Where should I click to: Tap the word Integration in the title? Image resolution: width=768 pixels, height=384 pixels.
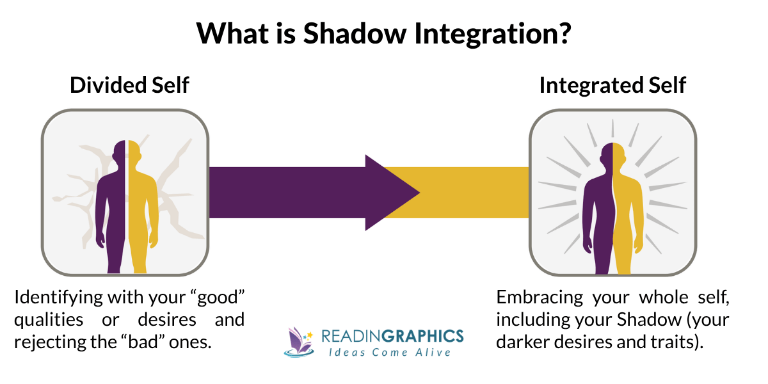(475, 33)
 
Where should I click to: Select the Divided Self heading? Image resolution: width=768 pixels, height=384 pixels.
(129, 85)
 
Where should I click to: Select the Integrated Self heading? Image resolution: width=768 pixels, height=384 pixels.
(612, 85)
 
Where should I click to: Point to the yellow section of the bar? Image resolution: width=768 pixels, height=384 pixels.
(474, 192)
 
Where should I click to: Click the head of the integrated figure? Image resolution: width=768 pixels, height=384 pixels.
(612, 154)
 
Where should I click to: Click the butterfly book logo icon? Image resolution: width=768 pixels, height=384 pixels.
(298, 341)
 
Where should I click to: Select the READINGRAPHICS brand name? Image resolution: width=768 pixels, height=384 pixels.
(392, 336)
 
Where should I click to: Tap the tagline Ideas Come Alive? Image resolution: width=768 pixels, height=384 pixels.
(392, 353)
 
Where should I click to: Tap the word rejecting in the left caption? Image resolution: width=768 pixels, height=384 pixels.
(44, 341)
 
